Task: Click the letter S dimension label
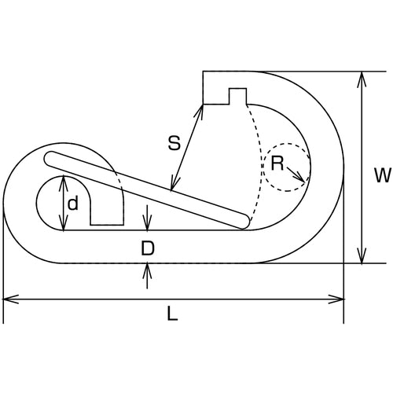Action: pos(174,143)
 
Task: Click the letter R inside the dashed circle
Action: pos(277,163)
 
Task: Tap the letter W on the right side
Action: pos(383,175)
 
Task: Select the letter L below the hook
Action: pos(173,314)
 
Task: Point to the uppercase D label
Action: pos(148,248)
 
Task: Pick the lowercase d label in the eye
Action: pos(73,203)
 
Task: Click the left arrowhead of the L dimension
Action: pos(10,299)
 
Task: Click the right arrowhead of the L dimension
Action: pos(336,299)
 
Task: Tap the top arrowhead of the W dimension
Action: pos(362,79)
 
